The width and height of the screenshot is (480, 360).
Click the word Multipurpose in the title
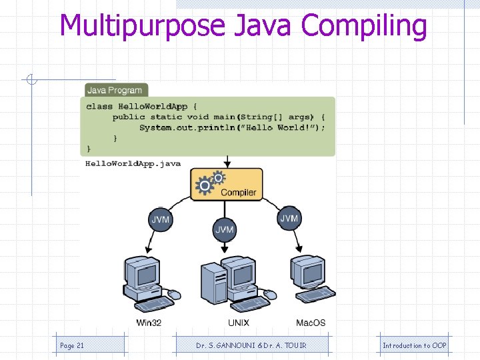click(143, 27)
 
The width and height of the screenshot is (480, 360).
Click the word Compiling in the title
click(364, 27)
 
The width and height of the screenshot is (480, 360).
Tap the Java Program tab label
click(115, 90)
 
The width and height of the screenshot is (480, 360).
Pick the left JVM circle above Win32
click(160, 219)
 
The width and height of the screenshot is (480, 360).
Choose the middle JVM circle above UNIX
click(225, 230)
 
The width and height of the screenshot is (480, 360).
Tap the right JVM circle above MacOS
click(289, 219)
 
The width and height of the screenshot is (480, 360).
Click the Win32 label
click(149, 323)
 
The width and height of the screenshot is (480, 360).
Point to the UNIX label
click(238, 323)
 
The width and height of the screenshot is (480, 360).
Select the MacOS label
click(311, 323)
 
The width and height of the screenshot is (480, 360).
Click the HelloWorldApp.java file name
click(133, 164)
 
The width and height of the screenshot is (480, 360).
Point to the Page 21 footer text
click(72, 345)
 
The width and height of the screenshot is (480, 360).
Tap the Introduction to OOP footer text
click(414, 345)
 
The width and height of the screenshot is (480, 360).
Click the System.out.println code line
click(232, 128)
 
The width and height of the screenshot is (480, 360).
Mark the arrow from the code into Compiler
click(227, 161)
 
